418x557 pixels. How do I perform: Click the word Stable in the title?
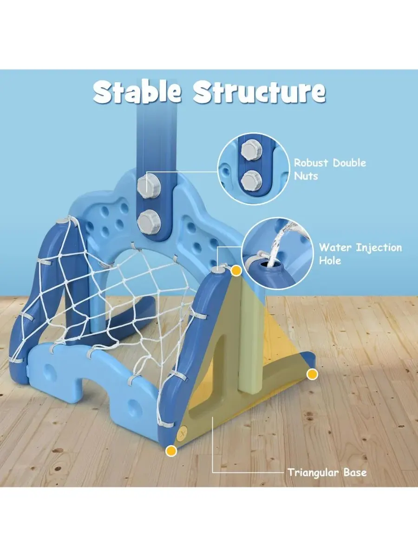(137, 91)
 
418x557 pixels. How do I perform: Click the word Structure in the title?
(259, 91)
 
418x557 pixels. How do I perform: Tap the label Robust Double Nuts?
(330, 169)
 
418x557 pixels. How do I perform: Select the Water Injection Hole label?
(360, 254)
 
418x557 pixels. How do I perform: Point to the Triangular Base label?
(327, 473)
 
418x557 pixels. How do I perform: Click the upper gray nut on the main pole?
(149, 186)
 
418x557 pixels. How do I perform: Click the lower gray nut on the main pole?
(149, 222)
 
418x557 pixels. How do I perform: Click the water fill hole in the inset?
(267, 265)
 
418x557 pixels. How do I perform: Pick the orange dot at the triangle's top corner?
(236, 271)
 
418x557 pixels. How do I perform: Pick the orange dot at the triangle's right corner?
(312, 374)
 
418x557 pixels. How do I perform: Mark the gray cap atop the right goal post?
(217, 269)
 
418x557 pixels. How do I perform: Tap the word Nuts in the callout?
(306, 176)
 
